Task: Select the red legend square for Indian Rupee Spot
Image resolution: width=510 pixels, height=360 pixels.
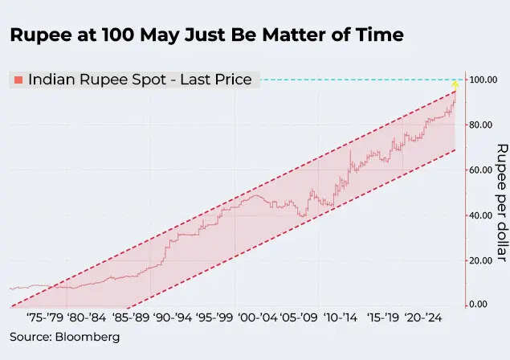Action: point(18,80)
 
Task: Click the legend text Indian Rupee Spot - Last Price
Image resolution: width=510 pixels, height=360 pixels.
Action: point(140,80)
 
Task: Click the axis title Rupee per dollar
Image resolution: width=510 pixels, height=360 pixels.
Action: point(502,202)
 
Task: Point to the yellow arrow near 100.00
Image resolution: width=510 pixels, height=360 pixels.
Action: point(455,83)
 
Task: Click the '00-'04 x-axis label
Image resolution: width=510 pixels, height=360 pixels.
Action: point(257,317)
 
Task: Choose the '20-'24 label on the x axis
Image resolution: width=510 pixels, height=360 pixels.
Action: point(423,317)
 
